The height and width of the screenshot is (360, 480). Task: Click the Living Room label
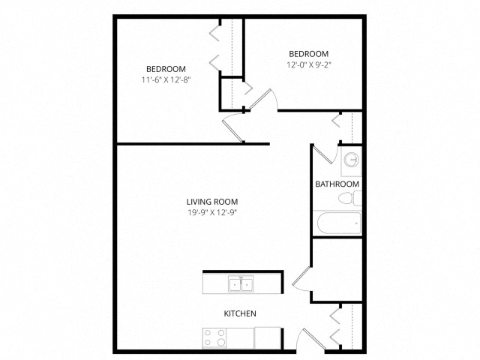tap(217, 201)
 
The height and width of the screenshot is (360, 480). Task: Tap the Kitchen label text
tap(241, 313)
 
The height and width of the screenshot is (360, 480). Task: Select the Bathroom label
tap(337, 184)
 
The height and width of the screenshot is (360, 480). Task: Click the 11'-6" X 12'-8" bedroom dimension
tap(166, 79)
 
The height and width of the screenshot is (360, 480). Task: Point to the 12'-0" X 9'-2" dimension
tap(309, 65)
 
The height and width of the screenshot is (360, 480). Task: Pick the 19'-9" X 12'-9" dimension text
tap(217, 212)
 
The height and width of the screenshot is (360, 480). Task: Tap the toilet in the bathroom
tap(348, 199)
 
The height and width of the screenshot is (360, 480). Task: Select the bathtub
tap(337, 223)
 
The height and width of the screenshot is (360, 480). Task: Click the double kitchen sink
tap(241, 284)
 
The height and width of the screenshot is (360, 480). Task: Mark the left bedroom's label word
tap(166, 68)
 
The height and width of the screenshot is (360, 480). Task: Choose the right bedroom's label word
tap(309, 54)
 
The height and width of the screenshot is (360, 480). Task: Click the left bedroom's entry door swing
tap(233, 130)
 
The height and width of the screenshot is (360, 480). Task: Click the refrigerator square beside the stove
tap(267, 338)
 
